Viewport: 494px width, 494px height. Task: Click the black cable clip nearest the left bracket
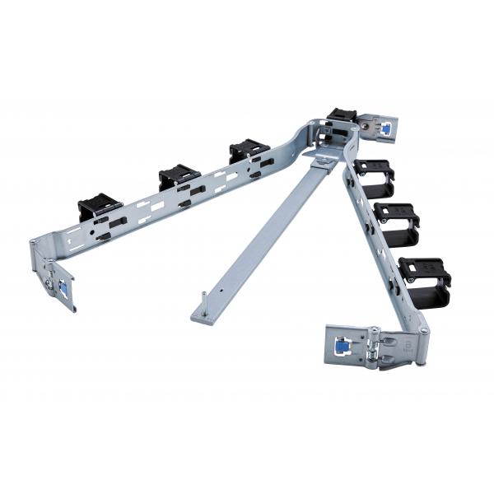coord(100,207)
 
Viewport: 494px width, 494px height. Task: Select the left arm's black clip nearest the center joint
coord(249,151)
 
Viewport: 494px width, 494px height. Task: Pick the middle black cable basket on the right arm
coord(396,218)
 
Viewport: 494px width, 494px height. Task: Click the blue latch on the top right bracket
coord(384,128)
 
